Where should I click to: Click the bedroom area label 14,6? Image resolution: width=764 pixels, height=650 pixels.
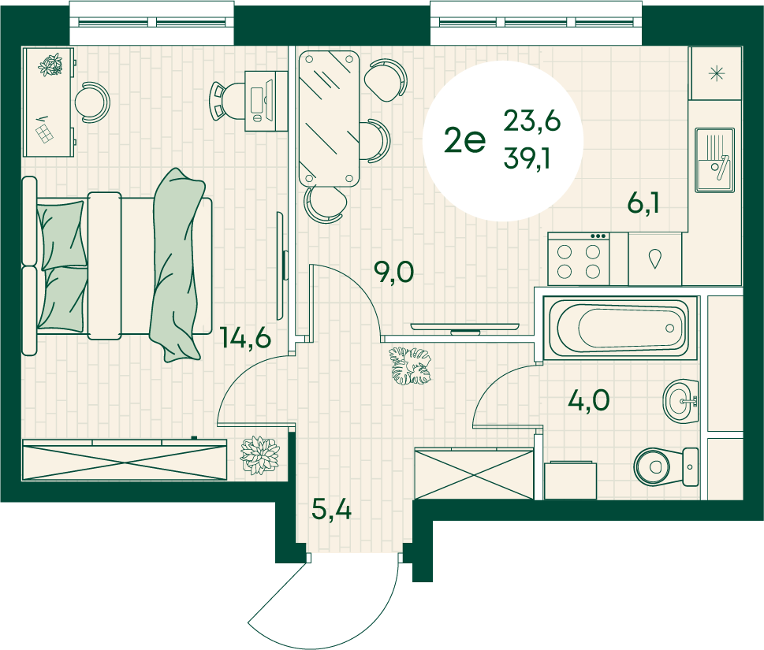click(245, 337)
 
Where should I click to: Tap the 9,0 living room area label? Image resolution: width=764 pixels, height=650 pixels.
click(393, 272)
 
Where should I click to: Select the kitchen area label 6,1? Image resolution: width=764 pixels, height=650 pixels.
click(643, 203)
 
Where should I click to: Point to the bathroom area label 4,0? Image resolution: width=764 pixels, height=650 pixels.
click(589, 401)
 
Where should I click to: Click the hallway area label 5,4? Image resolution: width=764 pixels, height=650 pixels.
click(331, 510)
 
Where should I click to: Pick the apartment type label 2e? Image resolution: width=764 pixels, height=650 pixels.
click(465, 141)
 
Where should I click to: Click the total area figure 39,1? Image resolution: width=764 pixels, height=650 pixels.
click(527, 158)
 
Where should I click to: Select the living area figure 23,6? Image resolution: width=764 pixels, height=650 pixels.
click(532, 121)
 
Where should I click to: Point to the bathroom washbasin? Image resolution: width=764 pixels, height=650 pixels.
click(680, 402)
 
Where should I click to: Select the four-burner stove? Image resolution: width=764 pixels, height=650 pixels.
click(579, 258)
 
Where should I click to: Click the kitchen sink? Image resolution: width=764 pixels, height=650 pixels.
click(714, 160)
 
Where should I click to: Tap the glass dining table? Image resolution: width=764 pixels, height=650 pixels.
click(329, 119)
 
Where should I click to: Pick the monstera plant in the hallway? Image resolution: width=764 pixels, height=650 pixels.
click(410, 366)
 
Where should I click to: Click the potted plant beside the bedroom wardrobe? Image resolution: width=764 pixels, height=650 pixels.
click(259, 455)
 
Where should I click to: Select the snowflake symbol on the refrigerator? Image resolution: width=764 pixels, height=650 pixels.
click(716, 74)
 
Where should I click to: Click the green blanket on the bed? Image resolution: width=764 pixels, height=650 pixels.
click(177, 266)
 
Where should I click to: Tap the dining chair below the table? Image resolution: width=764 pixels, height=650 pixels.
click(326, 204)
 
